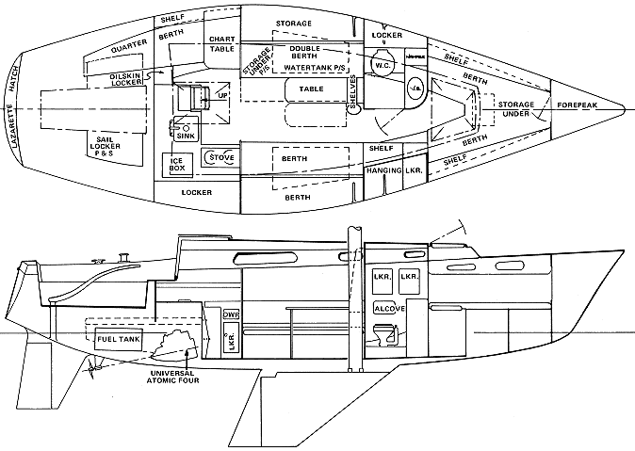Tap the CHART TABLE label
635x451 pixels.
[221, 43]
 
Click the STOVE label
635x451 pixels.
[222, 157]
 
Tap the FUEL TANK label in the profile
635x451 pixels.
[114, 336]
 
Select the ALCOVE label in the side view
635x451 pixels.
[390, 308]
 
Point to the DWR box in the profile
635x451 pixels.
[230, 315]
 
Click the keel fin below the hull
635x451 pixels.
[311, 405]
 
